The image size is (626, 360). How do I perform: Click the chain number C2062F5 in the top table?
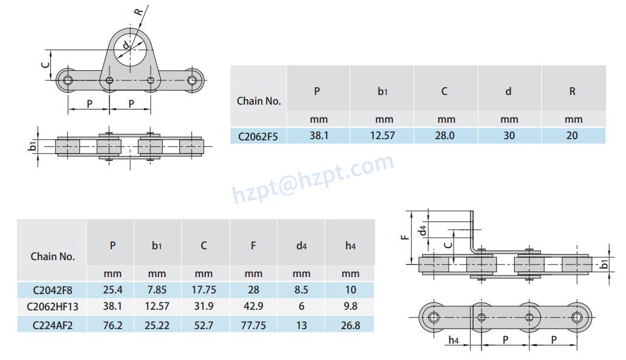[x=258, y=136]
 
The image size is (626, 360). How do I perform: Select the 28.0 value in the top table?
[x=445, y=136]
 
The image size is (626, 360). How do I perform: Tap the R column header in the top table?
[x=572, y=91]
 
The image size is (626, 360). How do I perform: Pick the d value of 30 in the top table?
[x=509, y=136]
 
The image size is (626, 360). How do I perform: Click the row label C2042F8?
[x=53, y=290]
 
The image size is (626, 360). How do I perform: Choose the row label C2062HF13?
[x=53, y=307]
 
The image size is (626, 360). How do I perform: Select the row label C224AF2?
[x=53, y=325]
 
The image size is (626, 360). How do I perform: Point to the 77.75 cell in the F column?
[x=253, y=325]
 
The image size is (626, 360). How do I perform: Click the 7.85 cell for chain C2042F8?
[x=157, y=290]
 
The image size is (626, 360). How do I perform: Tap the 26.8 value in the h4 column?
[x=350, y=325]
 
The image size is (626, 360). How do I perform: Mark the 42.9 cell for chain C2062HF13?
[x=253, y=307]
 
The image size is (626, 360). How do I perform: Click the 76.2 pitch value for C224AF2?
[x=112, y=325]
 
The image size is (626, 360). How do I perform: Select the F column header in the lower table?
[x=253, y=245]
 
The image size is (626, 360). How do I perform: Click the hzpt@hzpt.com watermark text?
[x=313, y=177]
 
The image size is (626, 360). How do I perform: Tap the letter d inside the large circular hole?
[x=125, y=45]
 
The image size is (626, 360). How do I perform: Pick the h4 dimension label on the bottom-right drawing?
[x=453, y=341]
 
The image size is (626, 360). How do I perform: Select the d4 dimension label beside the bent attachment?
[x=424, y=229]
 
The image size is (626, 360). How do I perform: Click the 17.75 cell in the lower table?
[x=204, y=290]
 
